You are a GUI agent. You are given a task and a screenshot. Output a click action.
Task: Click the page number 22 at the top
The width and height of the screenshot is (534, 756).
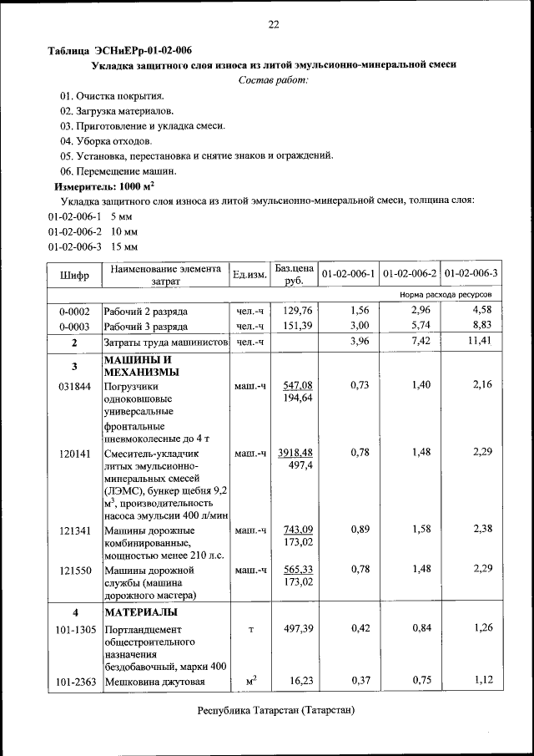pos(273,24)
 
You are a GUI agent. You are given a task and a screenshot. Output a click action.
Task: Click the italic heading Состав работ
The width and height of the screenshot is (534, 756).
pos(273,80)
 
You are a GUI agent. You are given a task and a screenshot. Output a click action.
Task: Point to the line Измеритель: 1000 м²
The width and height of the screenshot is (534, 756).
pos(105,186)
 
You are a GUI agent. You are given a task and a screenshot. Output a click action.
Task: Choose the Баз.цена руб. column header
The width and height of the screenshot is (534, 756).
pos(294,274)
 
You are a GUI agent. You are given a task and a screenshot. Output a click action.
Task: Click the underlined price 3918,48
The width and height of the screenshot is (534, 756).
pos(297,452)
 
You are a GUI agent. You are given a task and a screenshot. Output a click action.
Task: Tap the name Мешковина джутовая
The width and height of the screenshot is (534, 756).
pos(154,682)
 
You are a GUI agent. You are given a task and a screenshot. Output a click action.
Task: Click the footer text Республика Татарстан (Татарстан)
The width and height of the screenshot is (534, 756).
pos(275,711)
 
